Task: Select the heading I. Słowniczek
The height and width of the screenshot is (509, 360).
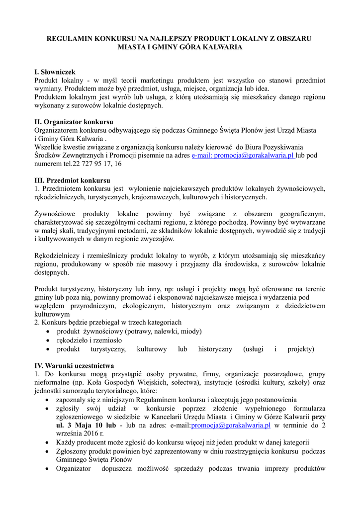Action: click(55, 72)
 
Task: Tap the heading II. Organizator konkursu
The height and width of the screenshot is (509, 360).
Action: click(74, 122)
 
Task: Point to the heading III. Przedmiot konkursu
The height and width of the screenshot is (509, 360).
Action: click(72, 180)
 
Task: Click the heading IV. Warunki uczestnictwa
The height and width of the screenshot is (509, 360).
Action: click(74, 365)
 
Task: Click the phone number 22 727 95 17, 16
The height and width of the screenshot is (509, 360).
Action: click(97, 164)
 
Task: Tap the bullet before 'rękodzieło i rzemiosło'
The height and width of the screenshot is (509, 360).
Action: click(48, 340)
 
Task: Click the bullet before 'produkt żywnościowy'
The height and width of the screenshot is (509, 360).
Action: click(48, 332)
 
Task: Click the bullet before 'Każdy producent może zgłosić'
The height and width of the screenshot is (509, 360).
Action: click(48, 442)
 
